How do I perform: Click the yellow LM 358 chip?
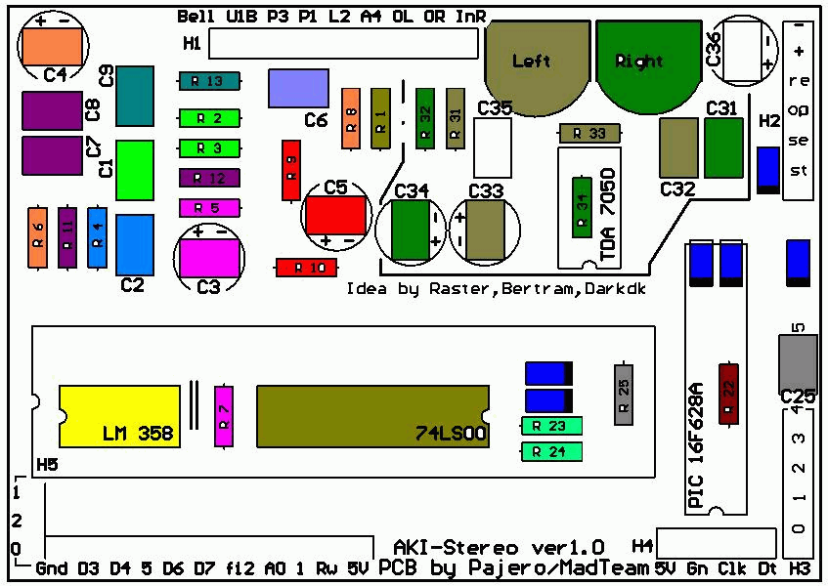pyautogui.click(x=119, y=413)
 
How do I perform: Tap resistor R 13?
pyautogui.click(x=209, y=81)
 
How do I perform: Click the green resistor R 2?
pyautogui.click(x=209, y=118)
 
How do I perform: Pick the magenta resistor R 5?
pyautogui.click(x=209, y=207)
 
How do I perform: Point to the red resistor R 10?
pyautogui.click(x=306, y=268)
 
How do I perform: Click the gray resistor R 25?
pyautogui.click(x=623, y=394)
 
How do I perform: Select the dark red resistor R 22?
pyautogui.click(x=728, y=394)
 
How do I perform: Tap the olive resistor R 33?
pyautogui.click(x=589, y=133)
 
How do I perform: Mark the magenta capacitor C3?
pyautogui.click(x=209, y=257)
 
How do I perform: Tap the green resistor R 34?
pyautogui.click(x=581, y=208)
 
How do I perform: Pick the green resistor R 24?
pyautogui.click(x=552, y=451)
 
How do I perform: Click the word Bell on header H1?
pyautogui.click(x=196, y=17)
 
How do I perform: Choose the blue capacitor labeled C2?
pyautogui.click(x=135, y=244)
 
